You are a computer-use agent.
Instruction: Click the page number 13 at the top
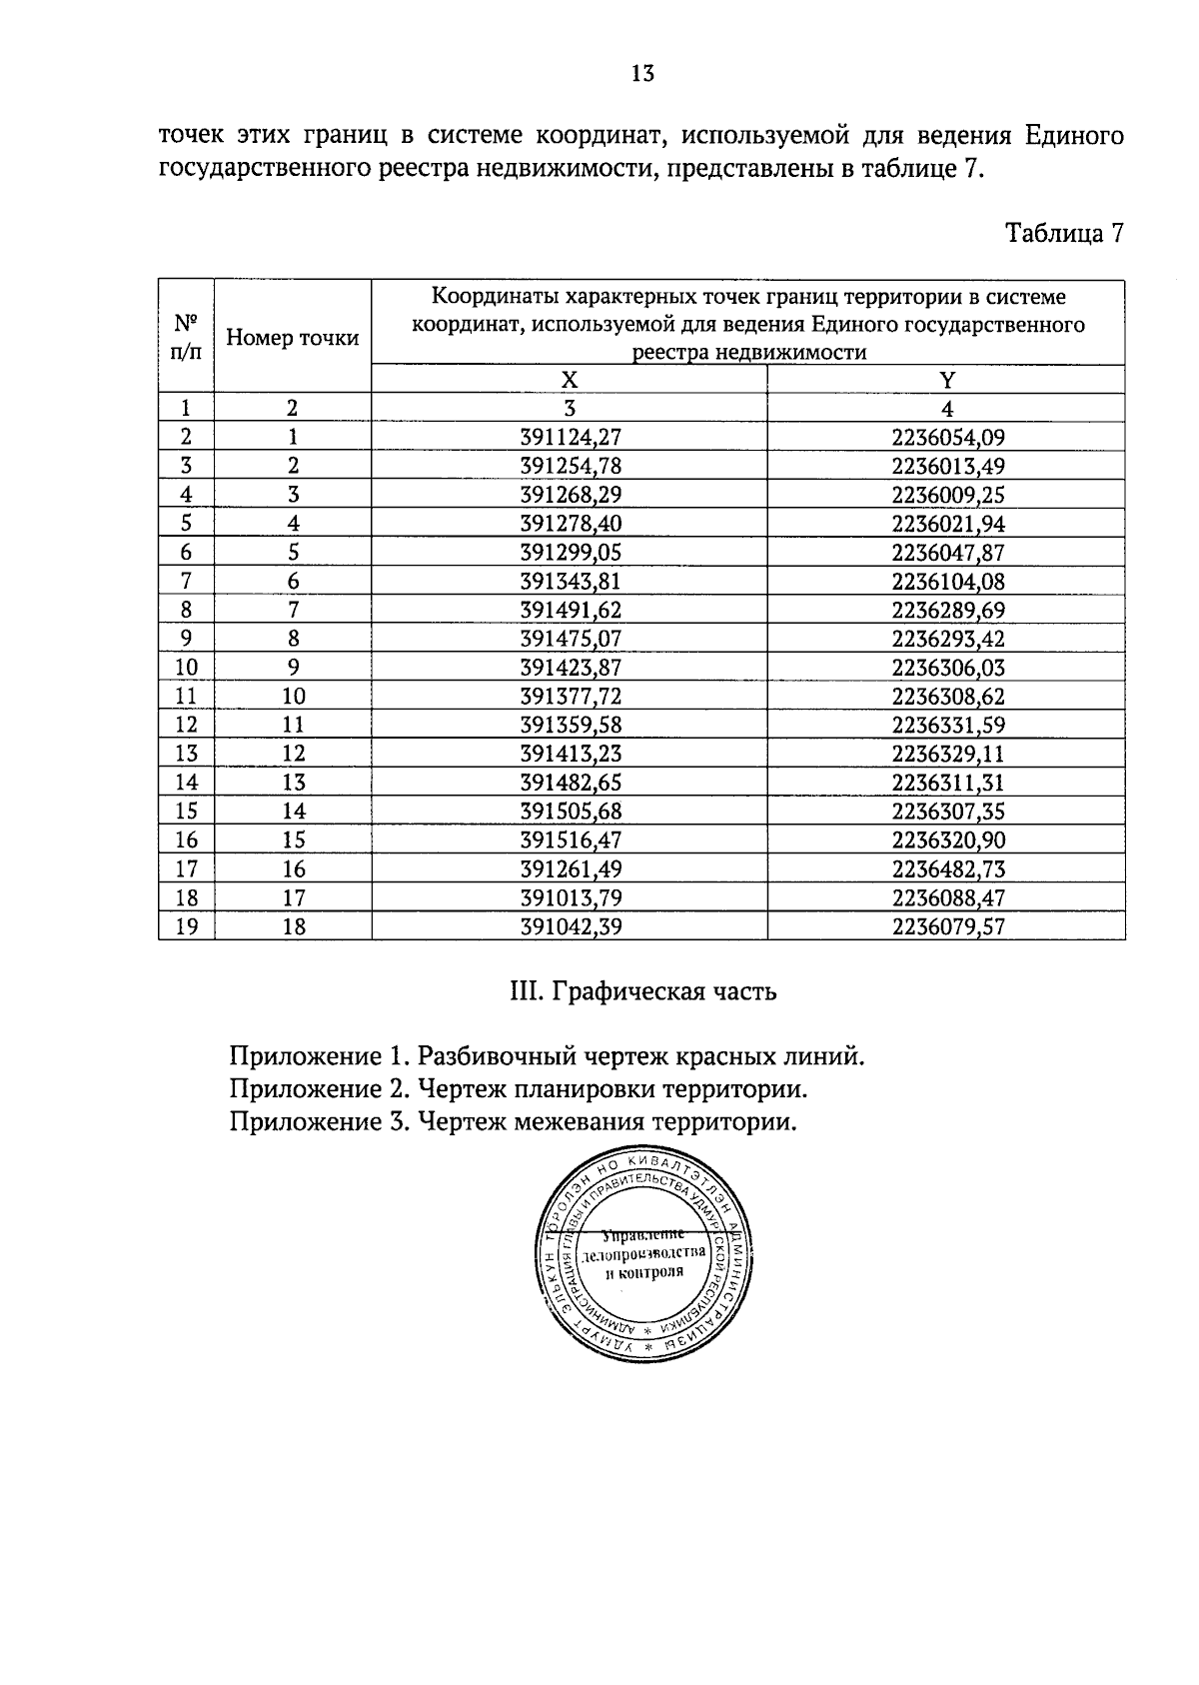642,73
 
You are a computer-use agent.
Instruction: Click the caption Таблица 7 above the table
1064,234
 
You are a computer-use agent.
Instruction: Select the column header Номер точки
292,338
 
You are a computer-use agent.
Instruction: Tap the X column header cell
569,380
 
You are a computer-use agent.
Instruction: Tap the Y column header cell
946,380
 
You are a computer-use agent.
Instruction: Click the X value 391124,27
571,437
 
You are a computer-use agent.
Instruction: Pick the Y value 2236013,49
947,466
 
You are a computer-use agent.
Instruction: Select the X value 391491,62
571,610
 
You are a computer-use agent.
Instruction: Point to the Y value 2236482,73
947,868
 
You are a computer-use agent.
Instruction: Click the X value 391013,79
571,897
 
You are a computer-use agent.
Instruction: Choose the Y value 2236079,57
947,926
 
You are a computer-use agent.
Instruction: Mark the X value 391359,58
571,725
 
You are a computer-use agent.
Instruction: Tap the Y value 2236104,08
947,581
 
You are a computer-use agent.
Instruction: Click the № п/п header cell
186,337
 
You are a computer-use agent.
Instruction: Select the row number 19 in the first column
186,926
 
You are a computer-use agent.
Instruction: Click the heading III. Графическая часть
642,992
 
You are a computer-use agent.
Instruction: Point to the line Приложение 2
518,1088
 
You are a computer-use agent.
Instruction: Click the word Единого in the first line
1075,135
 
